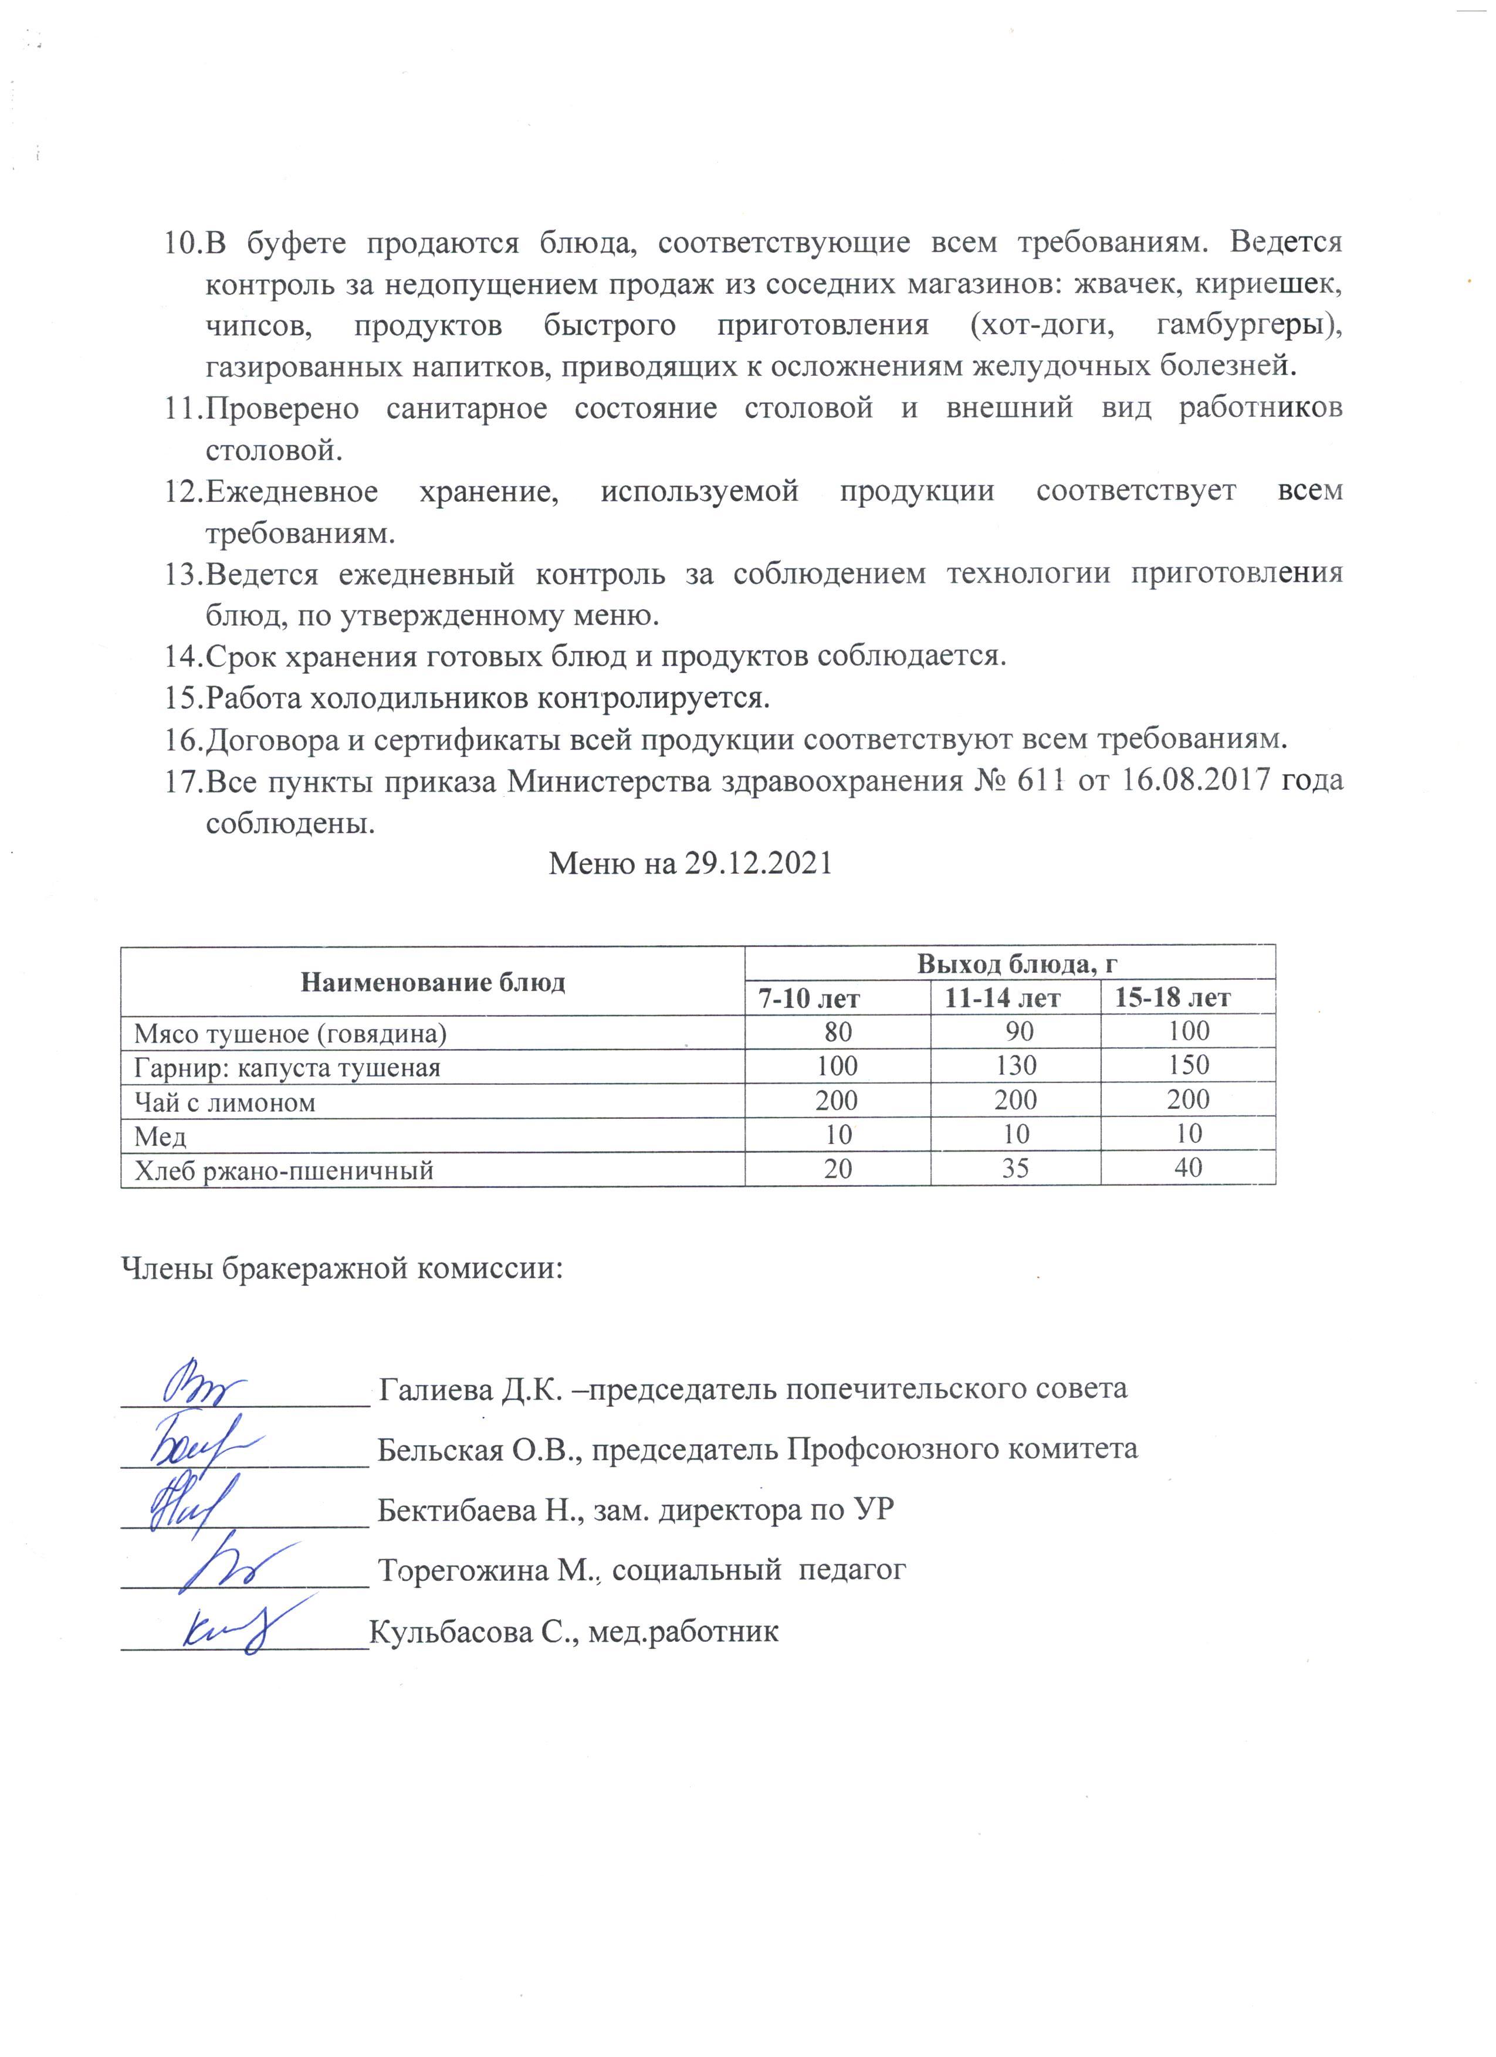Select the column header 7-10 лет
(x=809, y=999)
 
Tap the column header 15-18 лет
(x=1172, y=999)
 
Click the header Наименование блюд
(x=433, y=982)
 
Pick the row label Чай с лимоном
(x=225, y=1103)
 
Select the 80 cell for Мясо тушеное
(x=837, y=1032)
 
